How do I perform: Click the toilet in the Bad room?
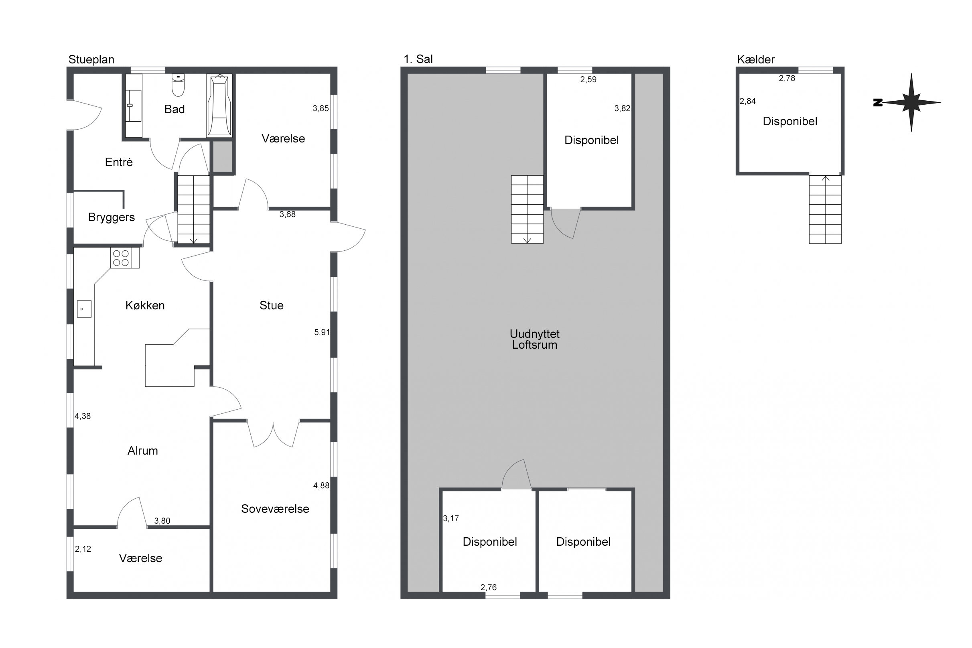pyautogui.click(x=178, y=85)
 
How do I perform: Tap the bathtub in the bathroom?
pyautogui.click(x=219, y=106)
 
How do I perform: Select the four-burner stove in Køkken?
pyautogui.click(x=125, y=258)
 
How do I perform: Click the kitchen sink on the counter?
pyautogui.click(x=84, y=309)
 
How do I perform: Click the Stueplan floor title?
pyautogui.click(x=91, y=59)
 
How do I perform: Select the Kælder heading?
pyautogui.click(x=756, y=59)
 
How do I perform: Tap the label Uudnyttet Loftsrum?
pyautogui.click(x=534, y=339)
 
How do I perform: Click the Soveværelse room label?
pyautogui.click(x=275, y=509)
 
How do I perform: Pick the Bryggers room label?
pyautogui.click(x=112, y=217)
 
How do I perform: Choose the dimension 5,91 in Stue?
pyautogui.click(x=322, y=332)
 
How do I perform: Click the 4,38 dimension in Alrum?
pyautogui.click(x=83, y=416)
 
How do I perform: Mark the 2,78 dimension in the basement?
pyautogui.click(x=787, y=78)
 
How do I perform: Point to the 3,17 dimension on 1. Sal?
pyautogui.click(x=450, y=519)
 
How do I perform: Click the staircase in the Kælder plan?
pyautogui.click(x=825, y=209)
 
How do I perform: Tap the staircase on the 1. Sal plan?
pyautogui.click(x=527, y=209)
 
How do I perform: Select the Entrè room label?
pyautogui.click(x=119, y=162)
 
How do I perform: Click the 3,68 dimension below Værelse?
pyautogui.click(x=288, y=214)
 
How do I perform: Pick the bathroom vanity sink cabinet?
pyautogui.click(x=134, y=106)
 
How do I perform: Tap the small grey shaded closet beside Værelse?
pyautogui.click(x=223, y=156)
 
